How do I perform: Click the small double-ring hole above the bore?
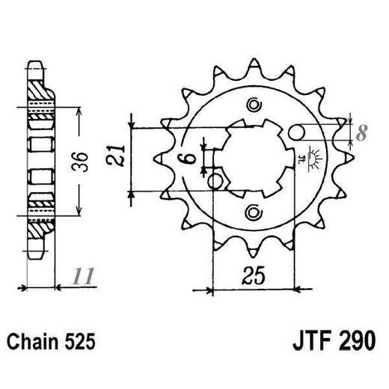coord(253,104)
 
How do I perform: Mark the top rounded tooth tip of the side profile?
coord(34,66)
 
